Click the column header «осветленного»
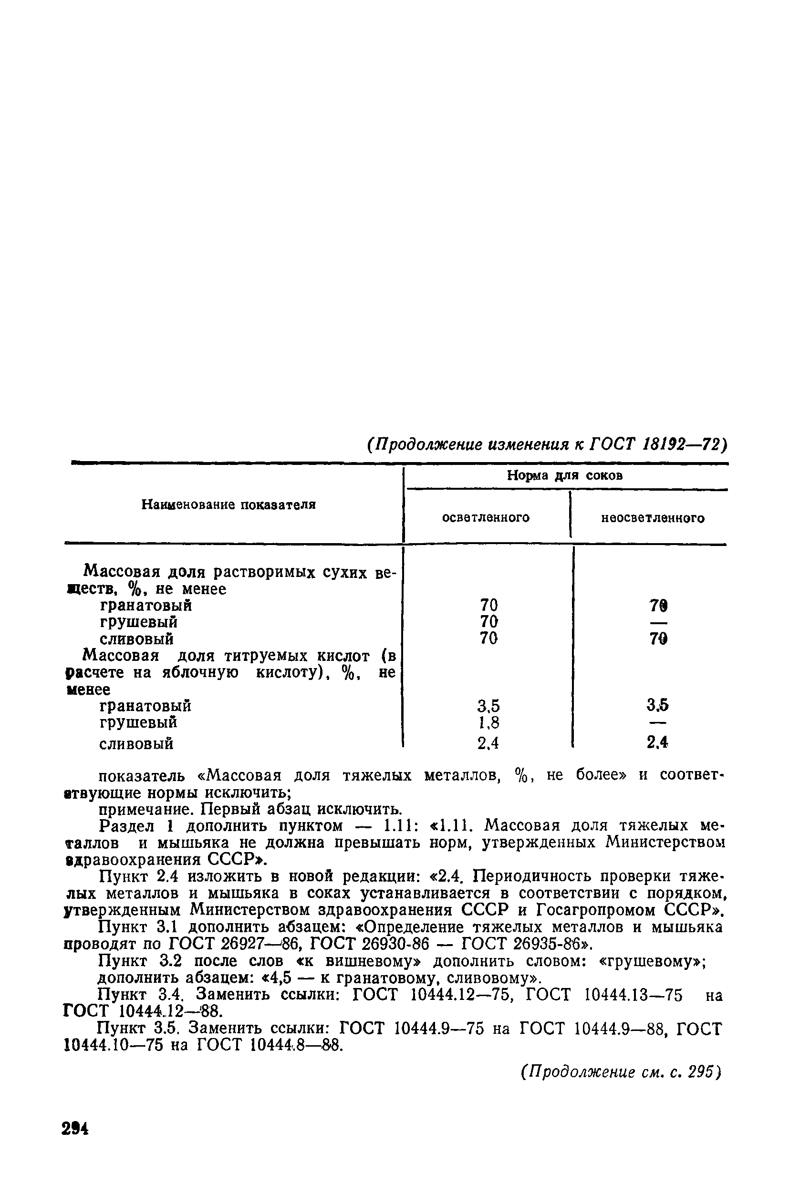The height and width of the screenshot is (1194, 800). (x=485, y=518)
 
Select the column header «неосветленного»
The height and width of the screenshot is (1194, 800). (x=653, y=518)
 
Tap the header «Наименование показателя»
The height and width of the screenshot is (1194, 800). (x=229, y=504)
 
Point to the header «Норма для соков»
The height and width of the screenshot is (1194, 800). (x=565, y=476)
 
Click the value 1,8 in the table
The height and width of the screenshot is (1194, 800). (x=488, y=723)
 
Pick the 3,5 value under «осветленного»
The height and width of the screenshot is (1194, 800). (x=488, y=706)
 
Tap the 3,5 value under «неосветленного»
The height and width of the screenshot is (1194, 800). (x=658, y=705)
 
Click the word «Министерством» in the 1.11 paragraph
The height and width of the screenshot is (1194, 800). (x=665, y=843)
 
